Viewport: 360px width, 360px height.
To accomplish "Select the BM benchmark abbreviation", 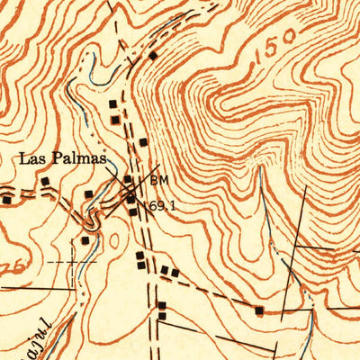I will tap(159, 180).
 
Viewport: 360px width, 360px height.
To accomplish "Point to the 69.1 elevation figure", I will tap(163, 206).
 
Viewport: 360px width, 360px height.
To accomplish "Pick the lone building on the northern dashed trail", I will tap(153, 56).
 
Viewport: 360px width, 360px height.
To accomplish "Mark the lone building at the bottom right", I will tap(260, 311).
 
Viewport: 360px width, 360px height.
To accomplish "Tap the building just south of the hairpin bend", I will tap(85, 240).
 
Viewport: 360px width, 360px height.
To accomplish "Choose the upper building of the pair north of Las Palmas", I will tap(112, 104).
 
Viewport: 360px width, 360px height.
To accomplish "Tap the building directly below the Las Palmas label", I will tap(88, 193).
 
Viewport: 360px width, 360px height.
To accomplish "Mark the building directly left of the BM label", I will tap(127, 179).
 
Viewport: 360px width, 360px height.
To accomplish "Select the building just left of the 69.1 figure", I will tap(133, 211).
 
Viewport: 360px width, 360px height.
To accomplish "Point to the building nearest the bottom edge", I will tap(161, 316).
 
